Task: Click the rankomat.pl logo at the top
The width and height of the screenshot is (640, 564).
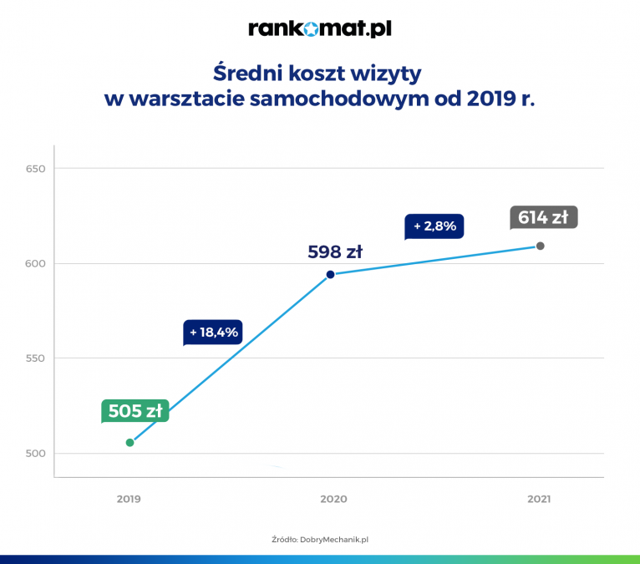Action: pyautogui.click(x=320, y=29)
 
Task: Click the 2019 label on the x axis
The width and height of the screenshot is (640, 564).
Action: pyautogui.click(x=129, y=499)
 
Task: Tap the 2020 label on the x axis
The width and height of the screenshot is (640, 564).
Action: pyautogui.click(x=333, y=499)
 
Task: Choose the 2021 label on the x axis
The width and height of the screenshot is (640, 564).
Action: pyautogui.click(x=539, y=499)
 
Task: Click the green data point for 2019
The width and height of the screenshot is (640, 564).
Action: pyautogui.click(x=130, y=442)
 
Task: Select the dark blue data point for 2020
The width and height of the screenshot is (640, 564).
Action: pyautogui.click(x=330, y=274)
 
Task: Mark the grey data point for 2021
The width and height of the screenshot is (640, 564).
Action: pyautogui.click(x=541, y=246)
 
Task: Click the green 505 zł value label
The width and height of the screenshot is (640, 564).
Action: pyautogui.click(x=135, y=410)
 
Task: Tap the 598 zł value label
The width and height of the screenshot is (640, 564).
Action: pyautogui.click(x=335, y=251)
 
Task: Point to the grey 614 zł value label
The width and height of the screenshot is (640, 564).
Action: pyautogui.click(x=543, y=217)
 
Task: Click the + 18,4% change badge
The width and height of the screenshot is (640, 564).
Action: pyautogui.click(x=214, y=332)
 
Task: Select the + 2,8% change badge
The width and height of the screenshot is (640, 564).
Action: pyautogui.click(x=434, y=226)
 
